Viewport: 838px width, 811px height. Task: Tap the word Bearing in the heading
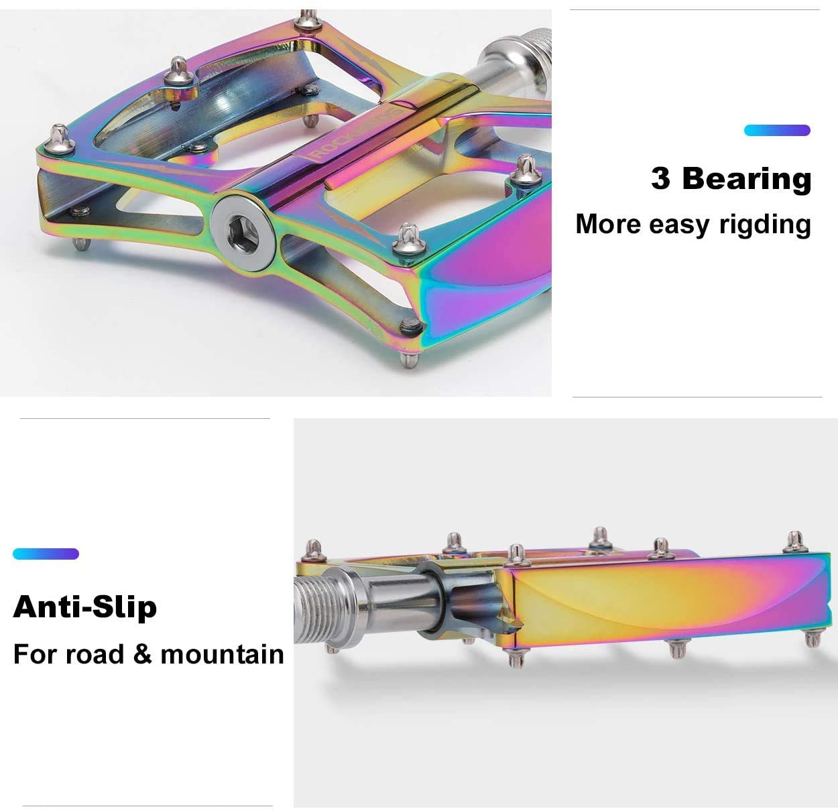pyautogui.click(x=747, y=178)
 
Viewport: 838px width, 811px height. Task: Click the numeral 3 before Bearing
pyautogui.click(x=660, y=178)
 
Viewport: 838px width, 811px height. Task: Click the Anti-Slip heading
pyautogui.click(x=85, y=607)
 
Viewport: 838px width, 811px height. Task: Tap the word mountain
pyautogui.click(x=222, y=654)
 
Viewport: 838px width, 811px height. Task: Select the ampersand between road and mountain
pyautogui.click(x=142, y=654)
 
